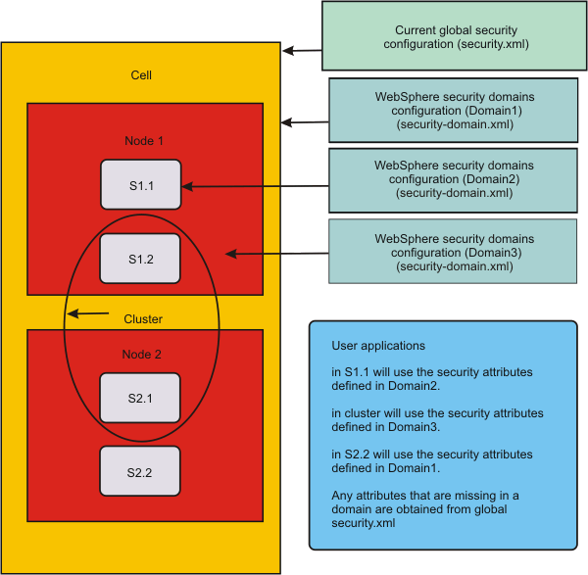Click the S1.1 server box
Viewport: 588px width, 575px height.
pos(141,184)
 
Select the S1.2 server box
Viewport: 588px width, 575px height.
pos(141,259)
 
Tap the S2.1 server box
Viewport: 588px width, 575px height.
pos(140,397)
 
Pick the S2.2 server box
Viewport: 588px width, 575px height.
pos(140,471)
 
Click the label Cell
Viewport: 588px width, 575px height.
pos(141,75)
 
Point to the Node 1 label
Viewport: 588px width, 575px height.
pos(143,141)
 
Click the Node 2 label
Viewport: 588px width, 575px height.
pos(141,355)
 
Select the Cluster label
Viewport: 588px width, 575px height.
pos(143,319)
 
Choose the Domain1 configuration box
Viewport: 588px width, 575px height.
pos(454,112)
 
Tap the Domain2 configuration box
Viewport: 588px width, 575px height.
pos(454,180)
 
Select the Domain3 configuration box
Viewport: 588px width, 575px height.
pos(454,253)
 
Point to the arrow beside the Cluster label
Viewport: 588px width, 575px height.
pos(88,314)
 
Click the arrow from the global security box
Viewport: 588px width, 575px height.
pos(302,51)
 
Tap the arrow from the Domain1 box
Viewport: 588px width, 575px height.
pos(304,122)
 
